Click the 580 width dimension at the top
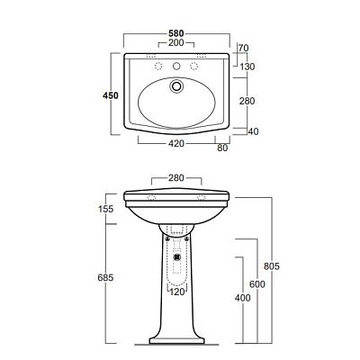pos(175,33)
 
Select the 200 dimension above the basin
pos(176,43)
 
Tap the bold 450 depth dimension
pos(111,95)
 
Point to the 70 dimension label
pos(244,48)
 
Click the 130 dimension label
pos(247,67)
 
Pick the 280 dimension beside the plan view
pos(247,101)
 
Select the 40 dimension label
pos(254,131)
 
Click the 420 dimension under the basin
pos(176,144)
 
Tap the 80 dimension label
pos(222,148)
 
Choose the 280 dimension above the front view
pos(176,178)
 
